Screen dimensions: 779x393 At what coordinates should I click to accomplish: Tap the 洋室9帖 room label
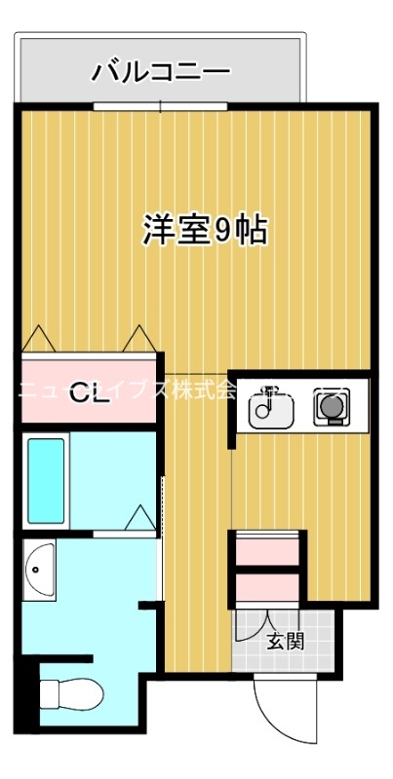coord(206,230)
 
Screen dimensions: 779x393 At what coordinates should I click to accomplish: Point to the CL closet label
coord(89,393)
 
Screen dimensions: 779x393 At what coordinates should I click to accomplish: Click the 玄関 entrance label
coord(286,641)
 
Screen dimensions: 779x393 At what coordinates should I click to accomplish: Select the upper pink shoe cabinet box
coord(267,550)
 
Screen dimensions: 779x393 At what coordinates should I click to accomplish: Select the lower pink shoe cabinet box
coord(267,588)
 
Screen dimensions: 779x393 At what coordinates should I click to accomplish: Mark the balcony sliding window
coord(161,104)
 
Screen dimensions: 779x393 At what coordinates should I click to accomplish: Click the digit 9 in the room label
coord(223,231)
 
